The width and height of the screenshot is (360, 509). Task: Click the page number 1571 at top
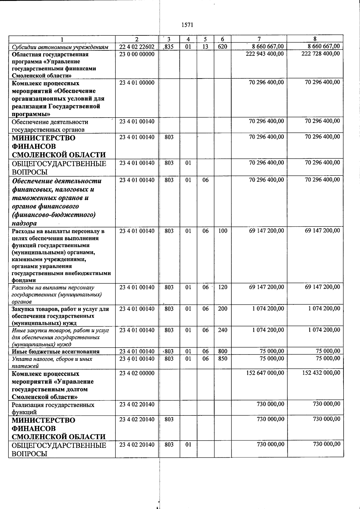click(187, 25)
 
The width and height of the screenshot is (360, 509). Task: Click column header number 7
click(259, 39)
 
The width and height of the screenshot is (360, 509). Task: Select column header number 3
click(169, 39)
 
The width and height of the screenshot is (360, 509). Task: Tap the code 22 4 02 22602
click(137, 46)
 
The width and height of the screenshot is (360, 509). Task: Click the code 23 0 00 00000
click(137, 54)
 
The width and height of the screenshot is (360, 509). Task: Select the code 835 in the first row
click(169, 46)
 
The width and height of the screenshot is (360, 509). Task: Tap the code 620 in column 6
click(223, 46)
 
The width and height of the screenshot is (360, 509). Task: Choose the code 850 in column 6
click(223, 359)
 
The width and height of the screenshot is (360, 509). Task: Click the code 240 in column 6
click(223, 330)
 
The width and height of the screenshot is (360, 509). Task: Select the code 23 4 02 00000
click(137, 373)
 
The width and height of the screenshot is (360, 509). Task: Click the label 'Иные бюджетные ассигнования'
click(55, 352)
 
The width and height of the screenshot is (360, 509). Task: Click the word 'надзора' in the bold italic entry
click(24, 223)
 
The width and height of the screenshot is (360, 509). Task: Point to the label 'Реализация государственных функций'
click(53, 408)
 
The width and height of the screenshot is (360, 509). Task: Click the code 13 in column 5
click(205, 46)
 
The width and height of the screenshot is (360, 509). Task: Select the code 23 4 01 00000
click(137, 82)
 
